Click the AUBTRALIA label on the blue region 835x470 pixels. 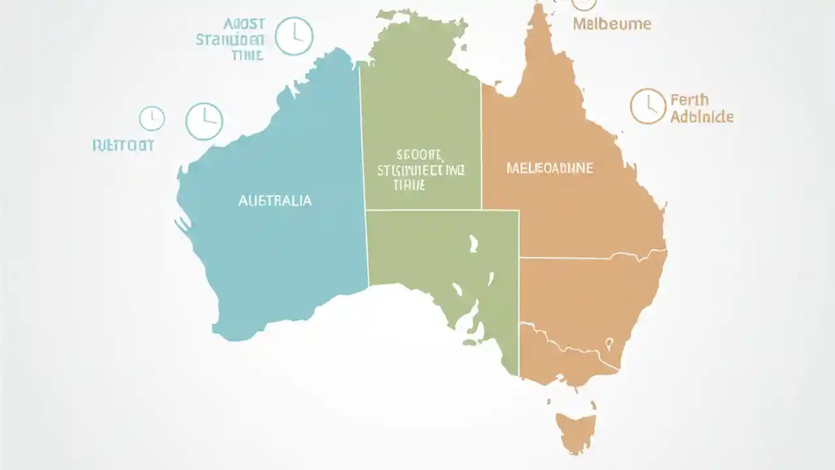(x=275, y=201)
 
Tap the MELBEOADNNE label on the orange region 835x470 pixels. (x=550, y=168)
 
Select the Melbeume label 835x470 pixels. (x=612, y=24)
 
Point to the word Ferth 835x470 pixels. (x=689, y=101)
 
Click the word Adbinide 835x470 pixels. (x=702, y=117)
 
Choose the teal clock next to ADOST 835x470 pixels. (x=294, y=37)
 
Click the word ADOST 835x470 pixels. (x=244, y=24)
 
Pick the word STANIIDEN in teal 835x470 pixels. (x=230, y=40)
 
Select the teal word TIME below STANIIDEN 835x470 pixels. (x=247, y=55)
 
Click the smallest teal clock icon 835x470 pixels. (x=152, y=119)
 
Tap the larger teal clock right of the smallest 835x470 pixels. (x=204, y=121)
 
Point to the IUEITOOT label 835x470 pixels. (x=123, y=145)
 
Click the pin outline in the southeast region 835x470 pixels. (x=609, y=343)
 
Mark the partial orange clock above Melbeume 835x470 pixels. (x=584, y=4)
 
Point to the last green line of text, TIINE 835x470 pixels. (x=409, y=185)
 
